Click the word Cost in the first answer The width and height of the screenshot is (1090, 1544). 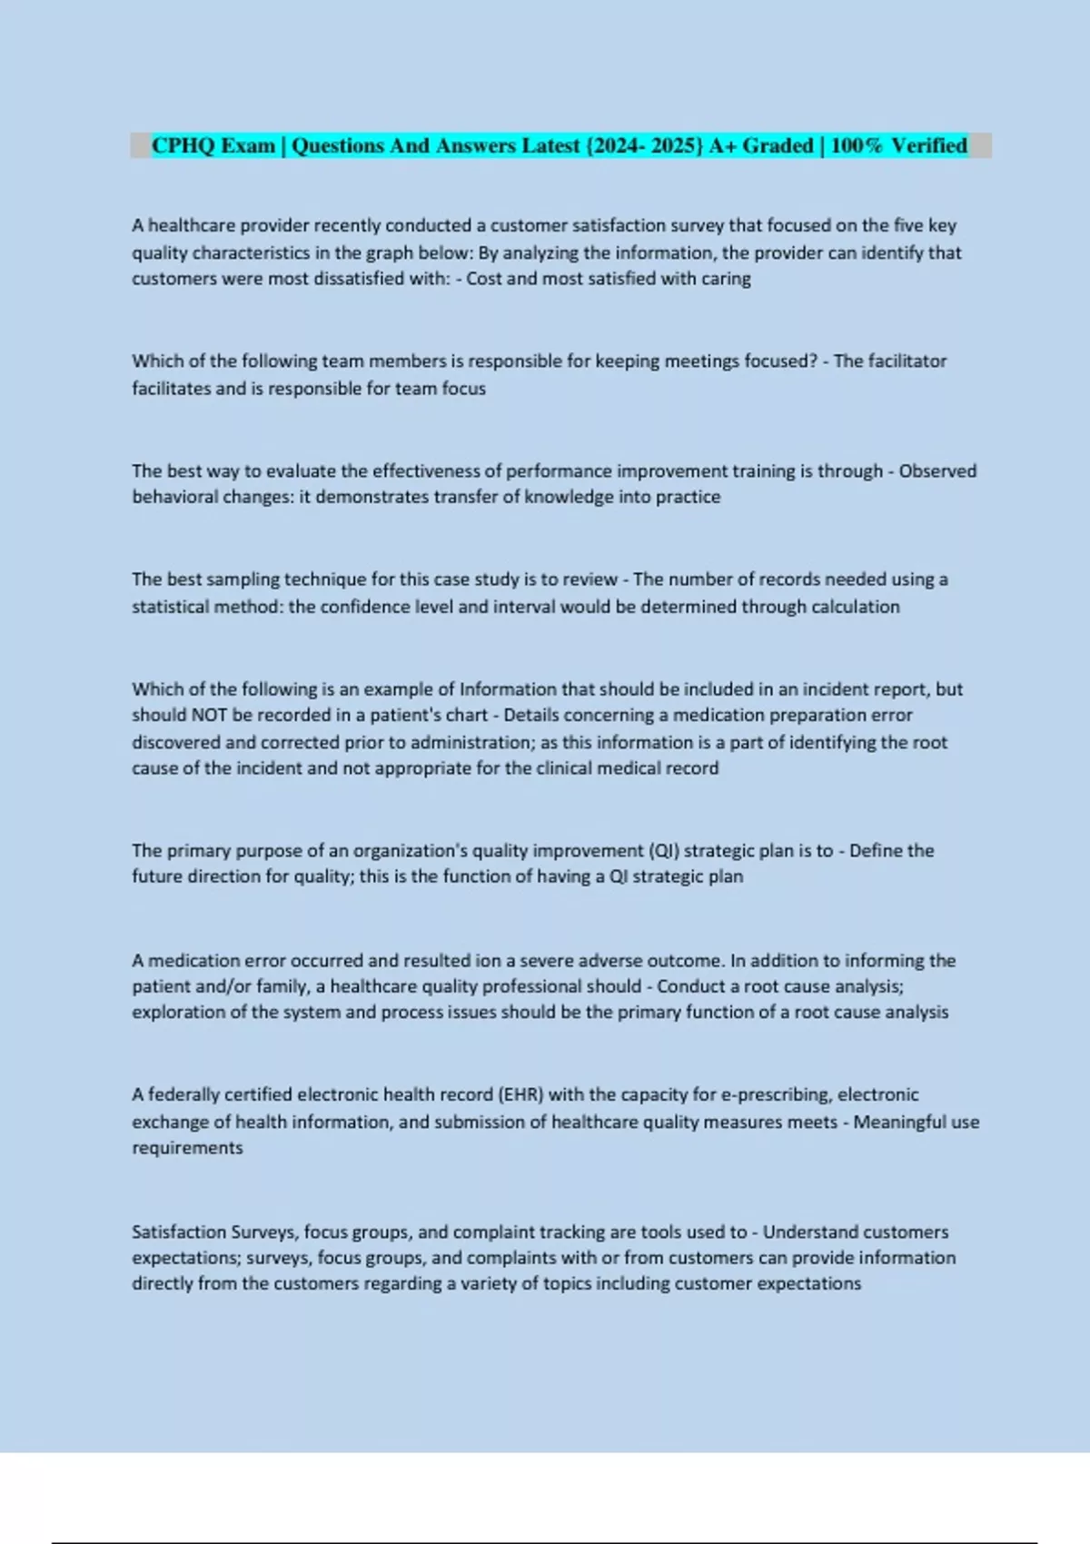tap(484, 279)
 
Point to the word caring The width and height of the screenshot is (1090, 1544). tap(726, 279)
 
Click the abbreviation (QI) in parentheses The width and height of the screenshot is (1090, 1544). tap(663, 851)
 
